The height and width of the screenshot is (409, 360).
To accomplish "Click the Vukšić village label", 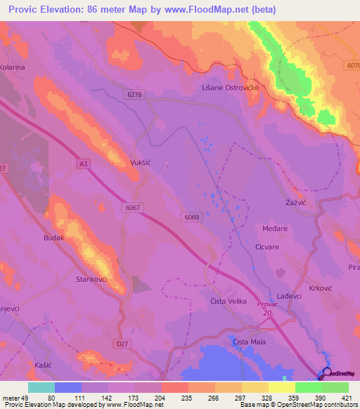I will (x=141, y=162).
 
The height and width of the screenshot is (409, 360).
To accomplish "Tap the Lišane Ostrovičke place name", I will (x=231, y=86).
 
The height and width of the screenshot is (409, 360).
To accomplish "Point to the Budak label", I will (x=54, y=238).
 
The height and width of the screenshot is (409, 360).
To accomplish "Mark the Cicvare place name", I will (x=269, y=247).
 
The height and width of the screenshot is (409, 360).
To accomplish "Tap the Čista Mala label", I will (x=247, y=342).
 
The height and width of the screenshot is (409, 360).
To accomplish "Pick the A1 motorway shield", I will (x=83, y=164).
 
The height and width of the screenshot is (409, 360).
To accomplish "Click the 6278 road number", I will (x=135, y=93).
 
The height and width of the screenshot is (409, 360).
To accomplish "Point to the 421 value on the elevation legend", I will (x=347, y=397).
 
